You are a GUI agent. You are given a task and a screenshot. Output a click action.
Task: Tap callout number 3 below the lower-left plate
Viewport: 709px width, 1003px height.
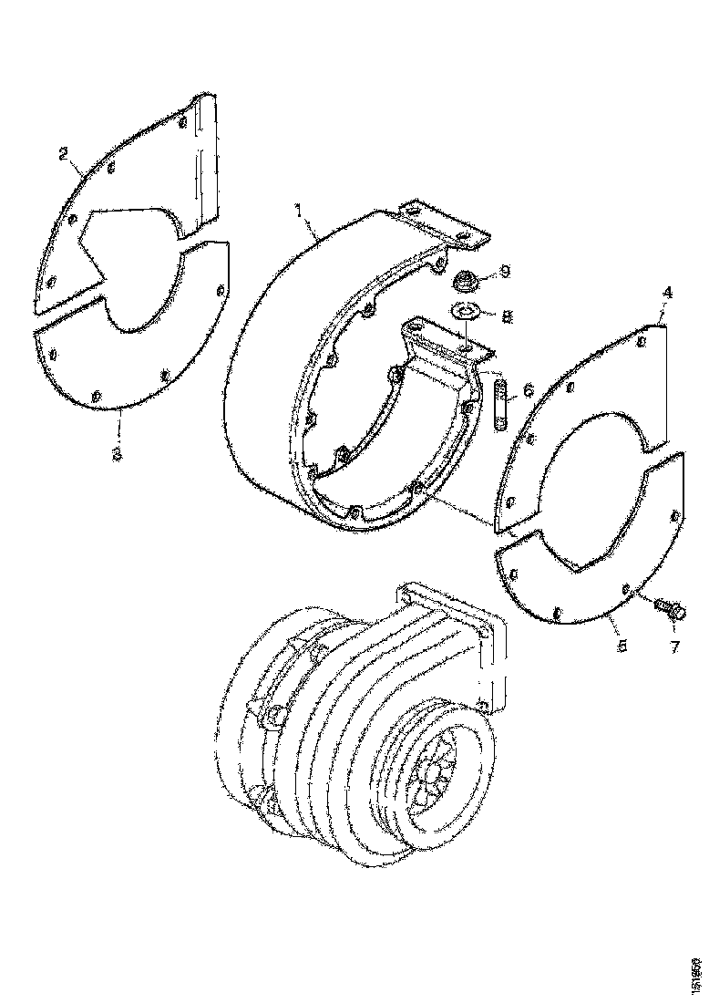117,452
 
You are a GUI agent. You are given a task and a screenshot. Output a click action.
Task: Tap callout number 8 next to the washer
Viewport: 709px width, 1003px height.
507,318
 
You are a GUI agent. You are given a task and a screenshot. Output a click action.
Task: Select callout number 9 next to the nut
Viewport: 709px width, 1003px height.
506,271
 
